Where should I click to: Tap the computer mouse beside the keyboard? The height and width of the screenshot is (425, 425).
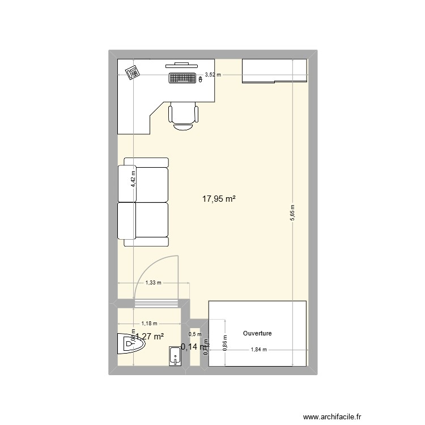[199, 79]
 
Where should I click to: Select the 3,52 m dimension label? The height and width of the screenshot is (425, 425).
[213, 74]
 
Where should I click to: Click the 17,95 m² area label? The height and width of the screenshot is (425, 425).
[219, 199]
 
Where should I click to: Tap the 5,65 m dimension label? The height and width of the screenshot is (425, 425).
[292, 214]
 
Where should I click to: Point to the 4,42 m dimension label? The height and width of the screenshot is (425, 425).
[133, 180]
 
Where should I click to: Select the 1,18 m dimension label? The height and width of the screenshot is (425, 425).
[149, 324]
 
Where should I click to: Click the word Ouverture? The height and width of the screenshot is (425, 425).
[257, 334]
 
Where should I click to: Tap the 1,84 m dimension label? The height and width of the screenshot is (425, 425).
[258, 350]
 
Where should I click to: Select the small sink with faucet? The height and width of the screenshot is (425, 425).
[175, 358]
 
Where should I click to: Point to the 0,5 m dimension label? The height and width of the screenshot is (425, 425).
[195, 334]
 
